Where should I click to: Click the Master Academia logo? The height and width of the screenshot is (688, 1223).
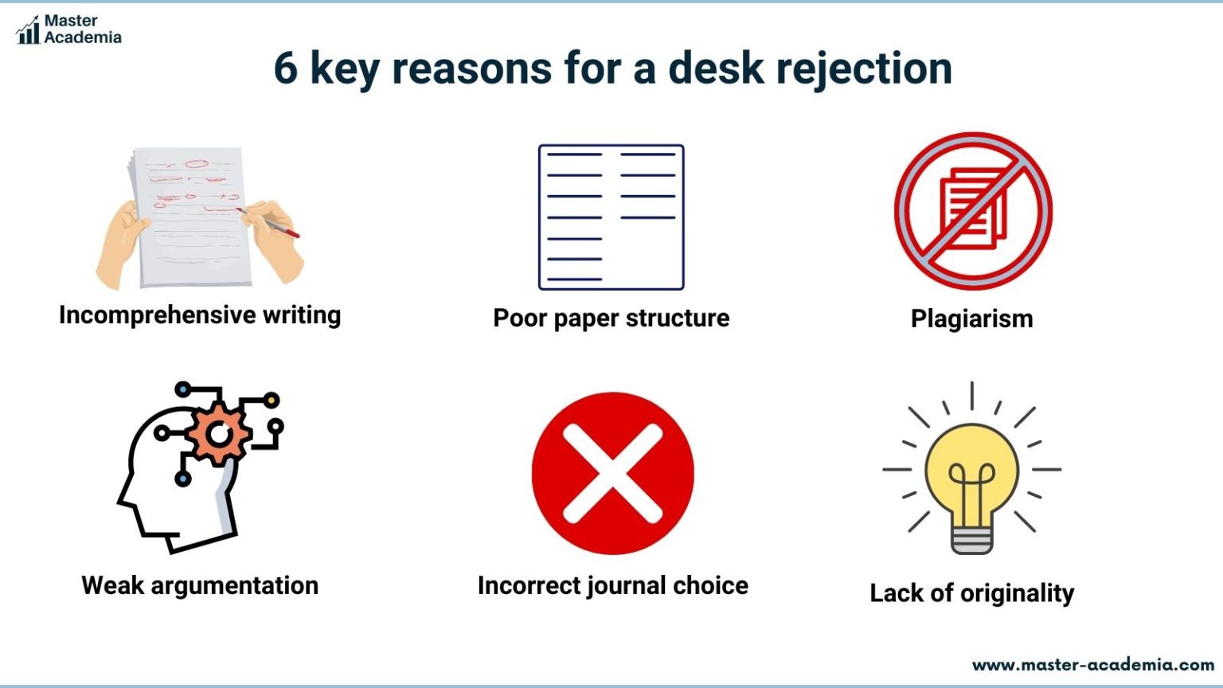coord(68,29)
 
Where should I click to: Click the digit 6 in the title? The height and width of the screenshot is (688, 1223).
coord(285,68)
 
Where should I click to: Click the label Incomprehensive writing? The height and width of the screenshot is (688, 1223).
coord(200,315)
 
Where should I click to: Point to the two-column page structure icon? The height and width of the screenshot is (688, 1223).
coord(611,217)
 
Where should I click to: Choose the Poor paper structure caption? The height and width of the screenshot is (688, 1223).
coord(611,318)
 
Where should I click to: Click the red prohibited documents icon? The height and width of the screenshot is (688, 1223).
coord(972,211)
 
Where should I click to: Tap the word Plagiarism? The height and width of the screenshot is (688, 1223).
coord(971,319)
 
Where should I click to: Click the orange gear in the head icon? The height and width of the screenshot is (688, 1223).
coord(218,434)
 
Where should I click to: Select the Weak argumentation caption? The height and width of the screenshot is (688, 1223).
coord(200,585)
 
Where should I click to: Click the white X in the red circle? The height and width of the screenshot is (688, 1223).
coord(612,473)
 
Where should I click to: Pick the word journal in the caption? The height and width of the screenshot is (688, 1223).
coord(628,585)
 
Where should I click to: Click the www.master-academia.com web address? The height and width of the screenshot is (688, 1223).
coord(1092,664)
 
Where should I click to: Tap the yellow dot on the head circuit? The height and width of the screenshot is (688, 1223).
coord(271,400)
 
